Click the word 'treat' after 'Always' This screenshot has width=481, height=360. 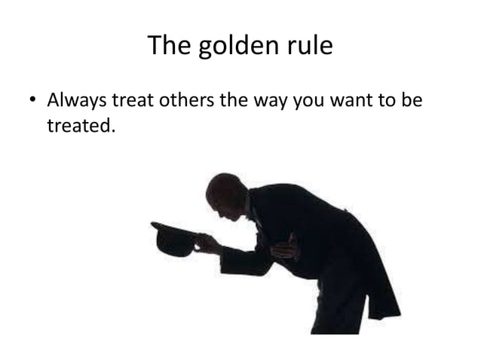tap(132, 100)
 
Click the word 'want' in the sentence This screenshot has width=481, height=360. tap(351, 100)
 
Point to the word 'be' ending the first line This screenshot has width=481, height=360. tap(412, 100)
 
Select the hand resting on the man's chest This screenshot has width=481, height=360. tap(286, 249)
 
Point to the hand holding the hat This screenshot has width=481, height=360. tap(205, 243)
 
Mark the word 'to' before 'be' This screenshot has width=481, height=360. tap(387, 100)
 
